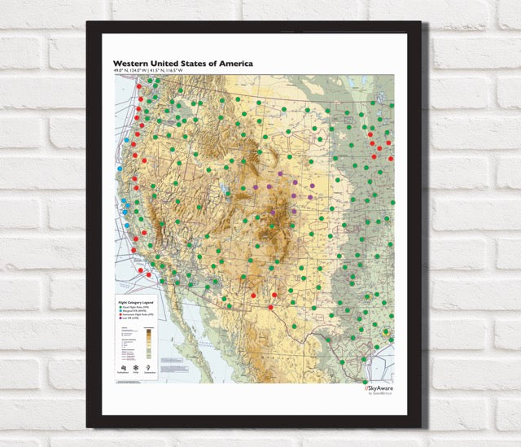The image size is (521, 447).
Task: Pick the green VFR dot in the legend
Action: tap(120, 306)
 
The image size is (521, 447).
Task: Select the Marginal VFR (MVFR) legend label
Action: tap(141, 311)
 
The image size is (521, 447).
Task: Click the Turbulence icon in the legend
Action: tap(122, 369)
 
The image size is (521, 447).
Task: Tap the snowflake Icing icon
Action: tap(136, 369)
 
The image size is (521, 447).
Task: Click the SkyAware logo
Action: tap(379, 388)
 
